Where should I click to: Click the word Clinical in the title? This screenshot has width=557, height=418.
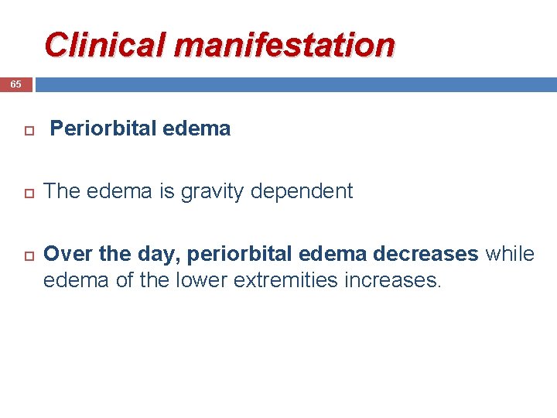106,45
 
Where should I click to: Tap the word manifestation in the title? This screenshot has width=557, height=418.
285,45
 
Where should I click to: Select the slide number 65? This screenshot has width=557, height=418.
15,84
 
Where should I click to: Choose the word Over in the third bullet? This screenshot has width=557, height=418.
66,254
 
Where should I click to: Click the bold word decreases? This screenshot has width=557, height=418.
427,254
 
